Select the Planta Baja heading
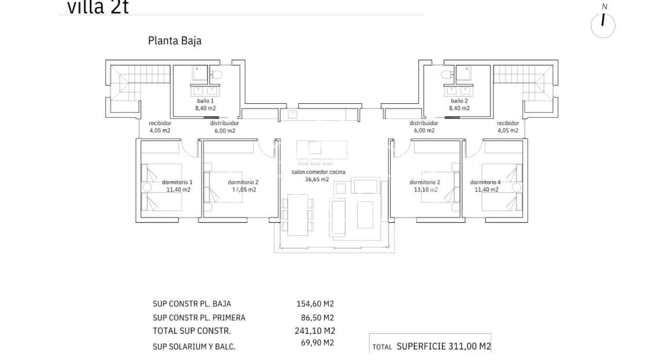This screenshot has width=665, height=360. [174, 41]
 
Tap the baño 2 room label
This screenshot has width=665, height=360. [459, 101]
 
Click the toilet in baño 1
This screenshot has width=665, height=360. [217, 75]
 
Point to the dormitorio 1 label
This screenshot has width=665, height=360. [177, 182]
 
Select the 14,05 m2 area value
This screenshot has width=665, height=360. [244, 189]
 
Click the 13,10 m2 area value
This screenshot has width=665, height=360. [426, 189]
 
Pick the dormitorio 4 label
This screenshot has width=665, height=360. [485, 182]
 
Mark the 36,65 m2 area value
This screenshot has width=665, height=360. [317, 179]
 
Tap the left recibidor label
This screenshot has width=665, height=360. [159, 123]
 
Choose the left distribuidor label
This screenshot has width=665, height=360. [224, 123]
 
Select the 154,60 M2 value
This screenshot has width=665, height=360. [311, 304]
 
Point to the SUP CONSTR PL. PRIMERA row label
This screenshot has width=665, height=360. [199, 318]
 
